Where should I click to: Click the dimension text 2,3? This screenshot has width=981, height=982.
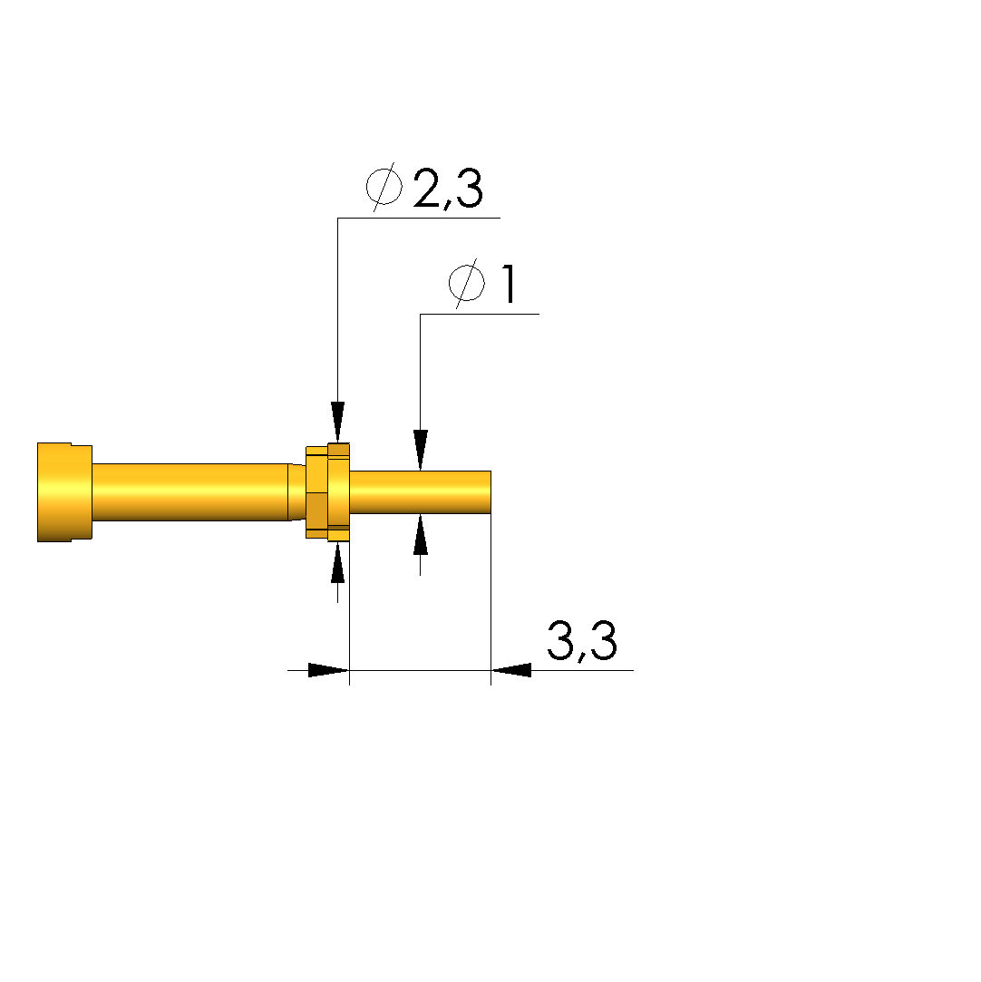point(448,189)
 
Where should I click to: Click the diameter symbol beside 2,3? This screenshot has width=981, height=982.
point(384,187)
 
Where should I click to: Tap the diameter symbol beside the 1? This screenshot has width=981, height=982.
point(466,283)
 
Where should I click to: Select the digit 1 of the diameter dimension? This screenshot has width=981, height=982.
point(509,284)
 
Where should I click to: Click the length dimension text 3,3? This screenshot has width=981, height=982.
point(582,641)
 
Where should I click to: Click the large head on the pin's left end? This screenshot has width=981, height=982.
point(64,492)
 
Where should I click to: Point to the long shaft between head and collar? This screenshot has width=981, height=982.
point(190,492)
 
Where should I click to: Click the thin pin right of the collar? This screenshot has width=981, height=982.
point(420,492)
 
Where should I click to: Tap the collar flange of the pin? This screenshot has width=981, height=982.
point(327,492)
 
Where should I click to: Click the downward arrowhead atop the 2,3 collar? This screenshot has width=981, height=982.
point(338,422)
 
